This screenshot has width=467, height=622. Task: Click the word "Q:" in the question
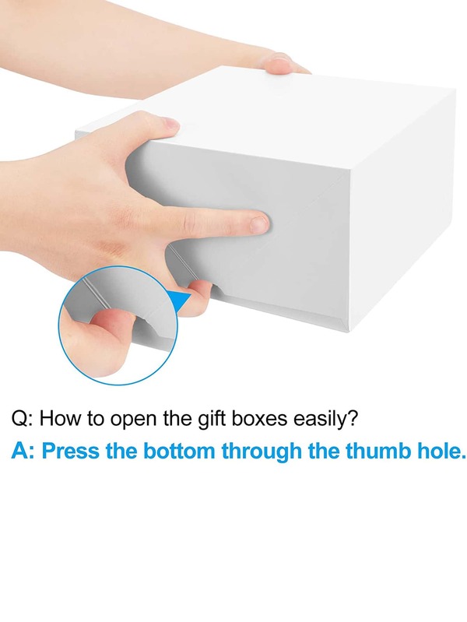pos(23,419)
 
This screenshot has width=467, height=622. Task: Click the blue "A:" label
pos(23,451)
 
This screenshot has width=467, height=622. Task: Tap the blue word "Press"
pos(71,451)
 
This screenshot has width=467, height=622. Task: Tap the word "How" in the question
pos(58,419)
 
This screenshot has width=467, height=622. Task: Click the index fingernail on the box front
pos(259,224)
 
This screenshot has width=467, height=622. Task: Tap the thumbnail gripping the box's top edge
pos(171,123)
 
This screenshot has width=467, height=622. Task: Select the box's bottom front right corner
pos(349,331)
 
